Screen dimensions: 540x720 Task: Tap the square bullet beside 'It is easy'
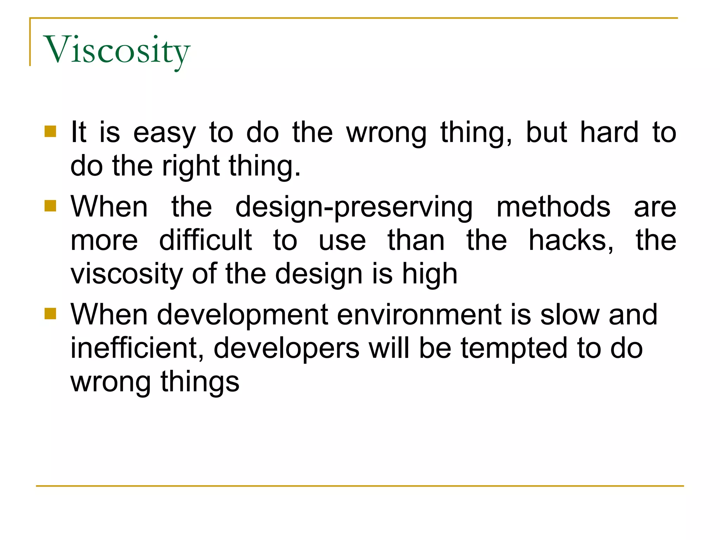[50, 131]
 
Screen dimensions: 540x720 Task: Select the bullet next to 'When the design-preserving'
[50, 206]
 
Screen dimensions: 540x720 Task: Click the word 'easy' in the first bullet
[164, 134]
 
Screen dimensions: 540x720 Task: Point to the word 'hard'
[609, 132]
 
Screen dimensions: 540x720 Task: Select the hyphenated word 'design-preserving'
[354, 207]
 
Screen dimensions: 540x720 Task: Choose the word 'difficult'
[205, 240]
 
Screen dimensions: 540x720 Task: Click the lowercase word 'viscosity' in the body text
[127, 274]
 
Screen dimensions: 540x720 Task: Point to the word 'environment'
[419, 315]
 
